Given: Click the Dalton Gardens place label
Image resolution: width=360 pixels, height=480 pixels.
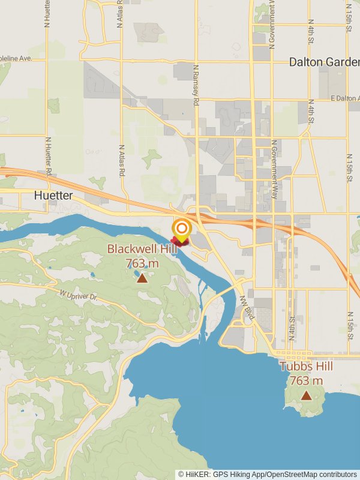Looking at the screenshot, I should coord(324,62).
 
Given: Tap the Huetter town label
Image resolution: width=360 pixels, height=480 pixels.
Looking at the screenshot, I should coord(53,196).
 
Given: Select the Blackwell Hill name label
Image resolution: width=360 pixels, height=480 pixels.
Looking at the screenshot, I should coord(142,249).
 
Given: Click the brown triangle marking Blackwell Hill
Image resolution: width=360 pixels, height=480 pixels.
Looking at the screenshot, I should coord(142,278).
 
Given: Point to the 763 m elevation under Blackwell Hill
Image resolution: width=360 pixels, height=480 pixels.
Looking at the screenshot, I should coord(142,263).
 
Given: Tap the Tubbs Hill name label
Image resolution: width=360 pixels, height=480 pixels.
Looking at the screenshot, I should coord(306,367).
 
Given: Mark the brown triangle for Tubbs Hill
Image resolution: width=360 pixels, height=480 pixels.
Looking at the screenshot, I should coord(306,395).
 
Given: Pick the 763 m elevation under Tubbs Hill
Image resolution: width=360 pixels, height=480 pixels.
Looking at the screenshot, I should coord(306,380).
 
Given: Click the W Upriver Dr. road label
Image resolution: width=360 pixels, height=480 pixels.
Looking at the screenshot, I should coord(78,295).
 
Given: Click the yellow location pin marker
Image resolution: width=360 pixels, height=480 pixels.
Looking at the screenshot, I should coord(182,230).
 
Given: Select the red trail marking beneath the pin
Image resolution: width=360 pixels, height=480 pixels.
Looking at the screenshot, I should coord(179,242).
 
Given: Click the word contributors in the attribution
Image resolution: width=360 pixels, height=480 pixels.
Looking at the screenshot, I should coord(338,475).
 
